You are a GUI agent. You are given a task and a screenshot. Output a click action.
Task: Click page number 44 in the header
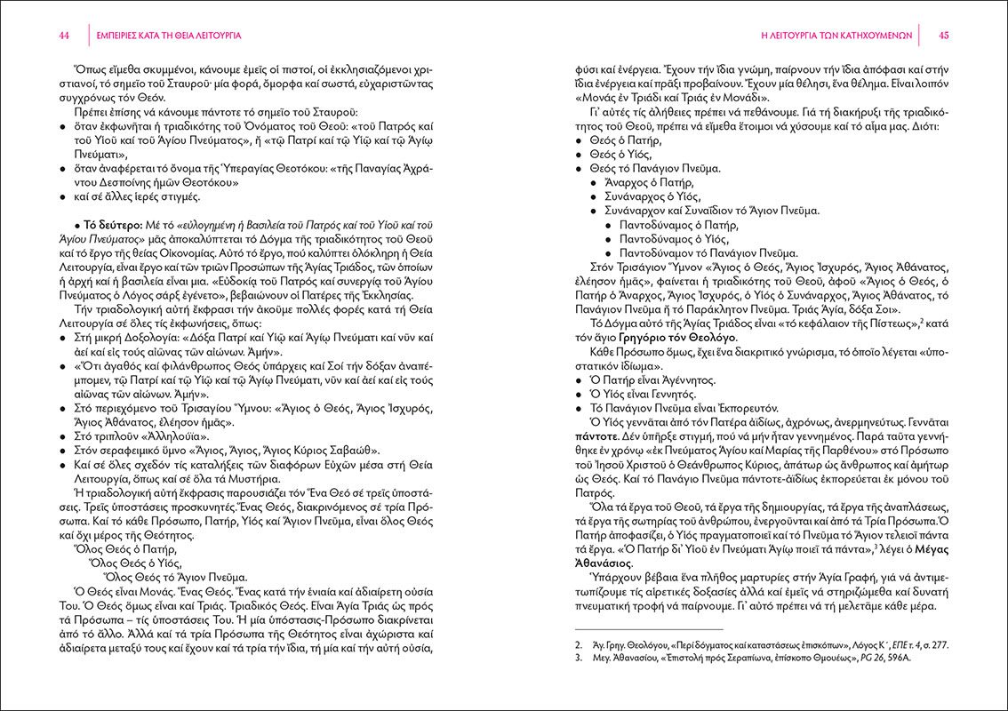[x=64, y=36]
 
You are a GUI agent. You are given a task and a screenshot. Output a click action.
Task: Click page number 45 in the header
[x=944, y=36]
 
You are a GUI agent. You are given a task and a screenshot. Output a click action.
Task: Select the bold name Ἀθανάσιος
[x=605, y=563]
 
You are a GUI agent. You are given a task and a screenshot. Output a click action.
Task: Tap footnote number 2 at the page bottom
[x=579, y=642]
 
